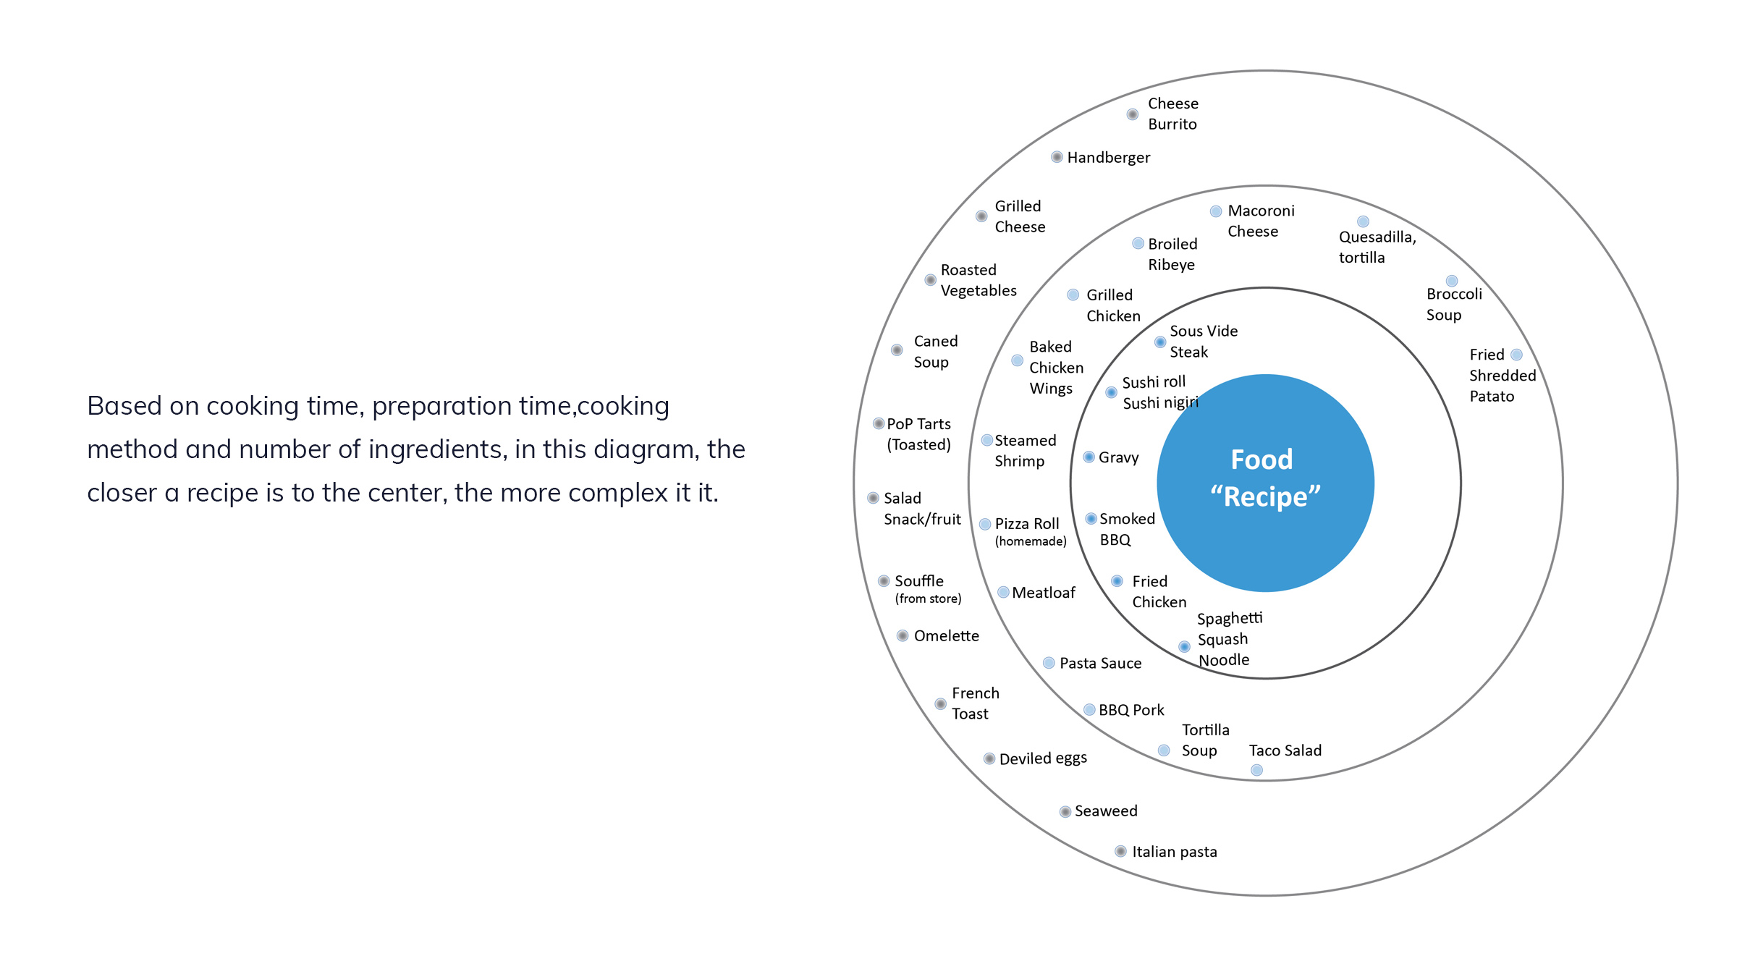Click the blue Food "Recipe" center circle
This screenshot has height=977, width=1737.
pos(1265,483)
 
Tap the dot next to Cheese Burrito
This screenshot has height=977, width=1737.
pos(1133,114)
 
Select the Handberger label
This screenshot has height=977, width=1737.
pos(1108,158)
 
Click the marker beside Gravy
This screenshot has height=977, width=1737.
pos(1089,457)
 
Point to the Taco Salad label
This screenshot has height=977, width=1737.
pos(1285,750)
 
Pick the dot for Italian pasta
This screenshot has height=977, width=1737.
pos(1120,851)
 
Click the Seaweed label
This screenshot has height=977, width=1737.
pos(1106,811)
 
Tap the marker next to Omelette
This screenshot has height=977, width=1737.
pos(903,635)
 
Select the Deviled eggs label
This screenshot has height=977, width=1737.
pos(1043,758)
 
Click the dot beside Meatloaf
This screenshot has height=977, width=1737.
pos(1003,592)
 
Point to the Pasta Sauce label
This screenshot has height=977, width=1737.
pos(1100,663)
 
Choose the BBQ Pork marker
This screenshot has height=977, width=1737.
pos(1089,710)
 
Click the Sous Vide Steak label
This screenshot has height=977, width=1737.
pos(1204,342)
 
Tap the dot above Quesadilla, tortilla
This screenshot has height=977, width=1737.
pos(1363,221)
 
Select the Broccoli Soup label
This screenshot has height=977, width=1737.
pos(1454,304)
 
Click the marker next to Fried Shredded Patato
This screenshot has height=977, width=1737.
pos(1516,355)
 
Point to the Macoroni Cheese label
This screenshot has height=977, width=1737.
pos(1261,221)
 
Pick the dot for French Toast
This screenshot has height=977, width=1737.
pos(940,703)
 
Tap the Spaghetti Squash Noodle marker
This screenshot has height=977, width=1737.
pos(1184,646)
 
